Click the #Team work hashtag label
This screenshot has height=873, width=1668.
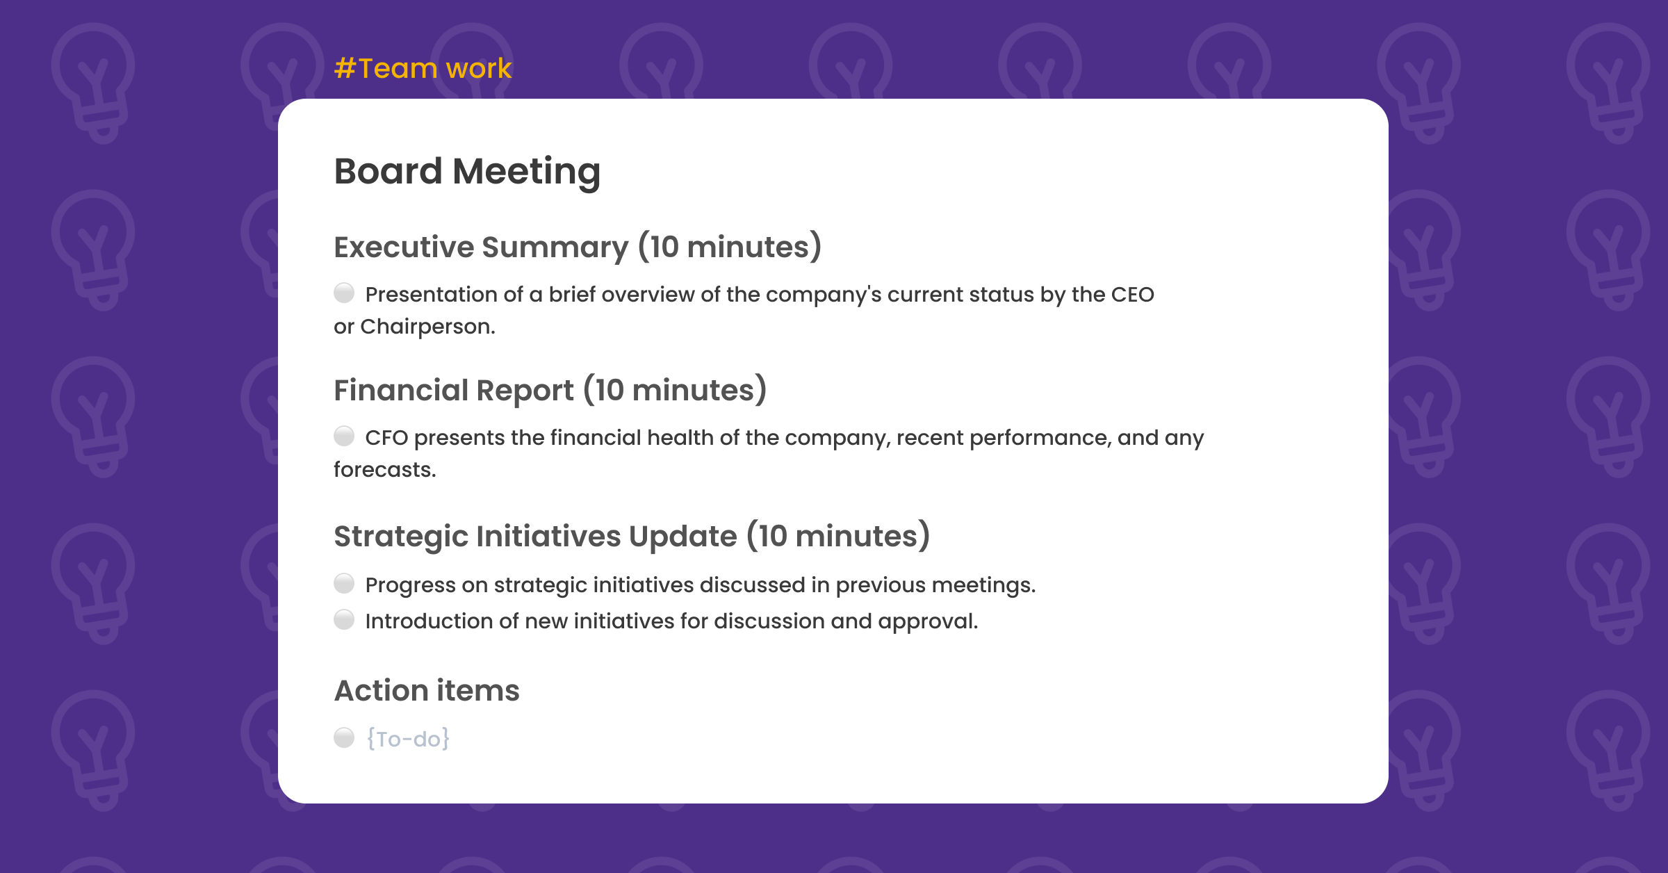click(423, 68)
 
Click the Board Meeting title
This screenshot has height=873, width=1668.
click(467, 171)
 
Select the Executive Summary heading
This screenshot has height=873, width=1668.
click(577, 247)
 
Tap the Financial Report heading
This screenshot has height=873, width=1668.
click(549, 390)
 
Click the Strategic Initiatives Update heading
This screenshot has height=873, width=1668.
click(631, 536)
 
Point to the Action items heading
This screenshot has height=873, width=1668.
click(427, 690)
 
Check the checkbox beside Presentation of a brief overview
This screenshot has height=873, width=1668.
click(344, 293)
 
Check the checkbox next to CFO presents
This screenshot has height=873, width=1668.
click(344, 436)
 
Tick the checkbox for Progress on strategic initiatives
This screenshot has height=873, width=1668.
click(344, 583)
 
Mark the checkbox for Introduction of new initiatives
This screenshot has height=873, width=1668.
click(344, 619)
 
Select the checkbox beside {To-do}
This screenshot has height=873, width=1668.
click(344, 737)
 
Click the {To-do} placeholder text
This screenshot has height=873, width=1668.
click(408, 739)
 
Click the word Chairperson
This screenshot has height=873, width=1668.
click(427, 327)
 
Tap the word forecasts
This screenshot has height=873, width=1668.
click(384, 470)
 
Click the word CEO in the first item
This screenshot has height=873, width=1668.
click(1132, 295)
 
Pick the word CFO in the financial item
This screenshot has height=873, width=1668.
click(386, 438)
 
